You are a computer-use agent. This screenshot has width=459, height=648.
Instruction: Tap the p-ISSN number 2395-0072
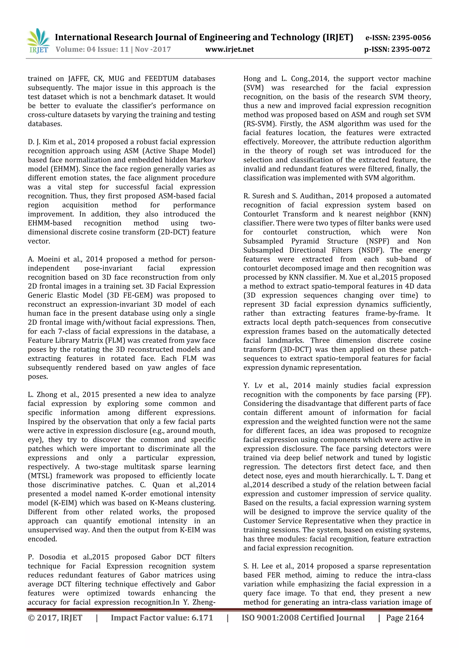pos(411,49)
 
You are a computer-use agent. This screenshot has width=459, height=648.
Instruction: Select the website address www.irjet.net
pos(229,49)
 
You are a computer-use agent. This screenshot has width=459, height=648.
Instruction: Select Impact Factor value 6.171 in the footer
pos(162,626)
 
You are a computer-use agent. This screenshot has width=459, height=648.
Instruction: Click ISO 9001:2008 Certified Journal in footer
pos(303,626)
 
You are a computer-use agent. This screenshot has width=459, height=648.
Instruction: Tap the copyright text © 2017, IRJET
pos(55,626)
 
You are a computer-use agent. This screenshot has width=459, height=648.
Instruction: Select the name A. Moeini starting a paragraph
pos(43,259)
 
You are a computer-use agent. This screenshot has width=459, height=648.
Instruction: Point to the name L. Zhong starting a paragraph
pos(42,394)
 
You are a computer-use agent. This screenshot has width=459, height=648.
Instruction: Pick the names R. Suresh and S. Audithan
pos(288,196)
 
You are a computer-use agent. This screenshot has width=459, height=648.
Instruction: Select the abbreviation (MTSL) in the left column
pos(40,476)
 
